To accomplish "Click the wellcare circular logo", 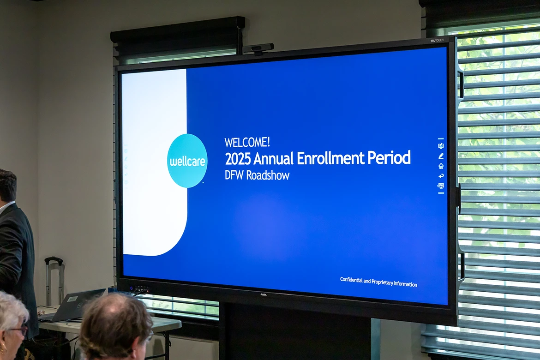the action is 187,161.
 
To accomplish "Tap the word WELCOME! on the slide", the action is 247,142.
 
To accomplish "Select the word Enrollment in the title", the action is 330,158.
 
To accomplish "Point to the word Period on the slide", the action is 389,158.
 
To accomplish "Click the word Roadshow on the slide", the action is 268,175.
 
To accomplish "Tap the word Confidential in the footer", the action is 351,280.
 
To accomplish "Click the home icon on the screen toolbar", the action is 441,166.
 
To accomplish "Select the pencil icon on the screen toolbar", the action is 441,156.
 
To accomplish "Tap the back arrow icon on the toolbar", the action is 441,176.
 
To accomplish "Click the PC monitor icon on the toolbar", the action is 441,186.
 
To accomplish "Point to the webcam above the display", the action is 258,48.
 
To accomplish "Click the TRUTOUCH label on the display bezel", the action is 437,41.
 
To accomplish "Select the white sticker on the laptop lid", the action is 72,299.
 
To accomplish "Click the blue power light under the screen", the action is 131,288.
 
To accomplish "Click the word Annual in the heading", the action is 273,158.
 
